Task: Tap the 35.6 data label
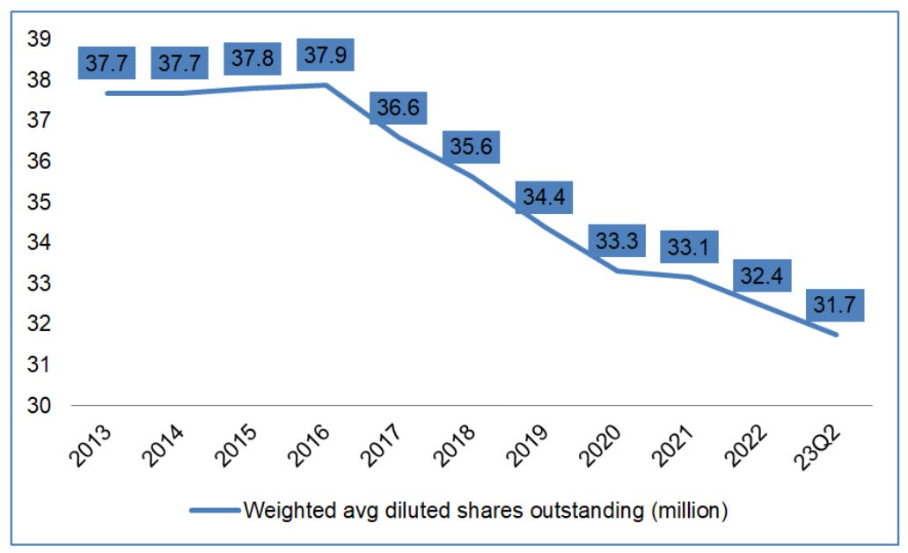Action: (470, 145)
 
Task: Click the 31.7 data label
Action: (833, 305)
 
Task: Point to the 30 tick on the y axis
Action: (40, 406)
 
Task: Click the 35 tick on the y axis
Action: (40, 203)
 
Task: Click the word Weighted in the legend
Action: (285, 511)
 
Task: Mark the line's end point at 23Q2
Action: (837, 335)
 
